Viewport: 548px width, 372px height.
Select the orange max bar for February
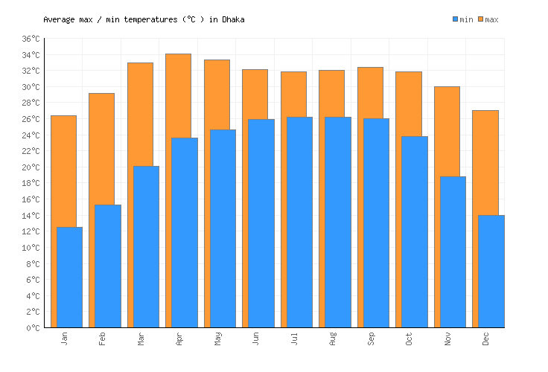(101, 149)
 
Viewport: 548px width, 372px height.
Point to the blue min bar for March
(146, 246)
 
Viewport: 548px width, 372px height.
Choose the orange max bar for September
(369, 92)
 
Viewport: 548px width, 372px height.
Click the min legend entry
(462, 19)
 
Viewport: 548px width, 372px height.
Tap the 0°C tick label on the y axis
(33, 328)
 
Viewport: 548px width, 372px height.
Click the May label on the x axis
(217, 339)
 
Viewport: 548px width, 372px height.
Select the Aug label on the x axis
(333, 339)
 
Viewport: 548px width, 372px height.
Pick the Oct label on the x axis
(410, 339)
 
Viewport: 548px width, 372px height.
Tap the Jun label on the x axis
(256, 339)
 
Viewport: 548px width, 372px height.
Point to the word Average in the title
(59, 19)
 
